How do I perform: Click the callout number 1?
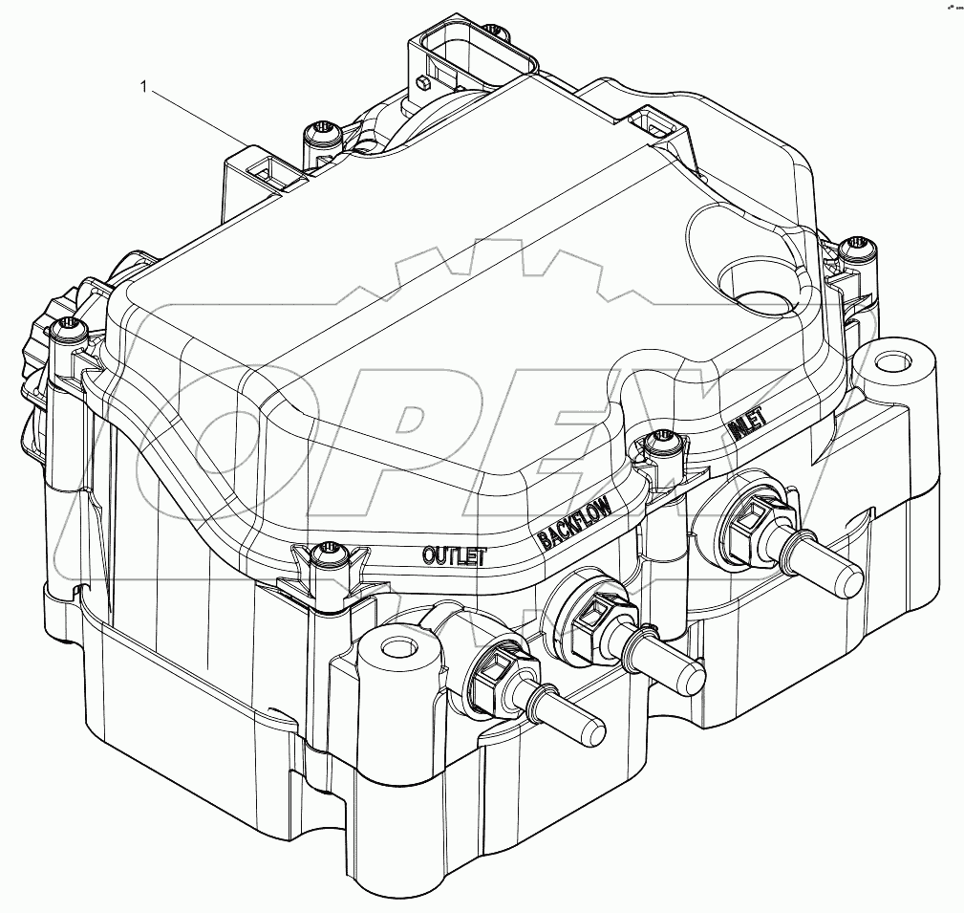[x=144, y=89]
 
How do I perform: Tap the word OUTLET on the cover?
[x=455, y=555]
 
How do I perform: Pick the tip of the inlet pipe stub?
[x=849, y=577]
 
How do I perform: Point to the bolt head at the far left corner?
[x=70, y=329]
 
